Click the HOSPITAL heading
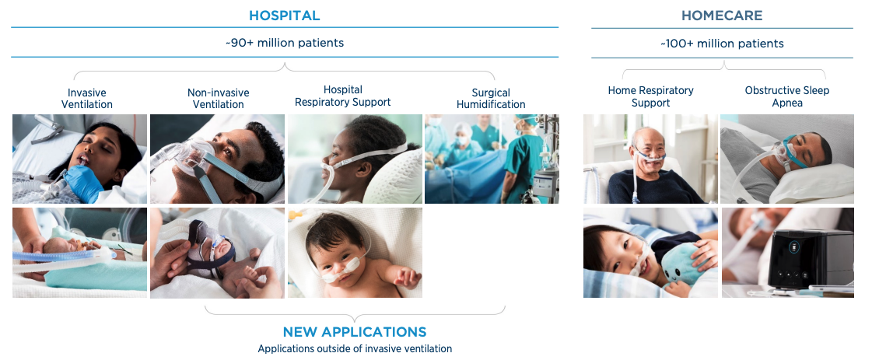coord(284,16)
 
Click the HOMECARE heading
coord(722,16)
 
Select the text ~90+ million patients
coord(285,43)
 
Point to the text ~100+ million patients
coord(722,44)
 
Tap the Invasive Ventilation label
coord(87,98)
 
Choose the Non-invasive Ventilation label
coord(218,98)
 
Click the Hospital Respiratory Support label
coord(342,96)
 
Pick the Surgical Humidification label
coord(491,98)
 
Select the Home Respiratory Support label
coord(650,96)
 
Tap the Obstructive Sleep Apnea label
coord(787,96)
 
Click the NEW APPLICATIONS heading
coord(355,332)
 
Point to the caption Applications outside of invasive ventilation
coord(355,349)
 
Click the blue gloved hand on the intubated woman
coord(83,182)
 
